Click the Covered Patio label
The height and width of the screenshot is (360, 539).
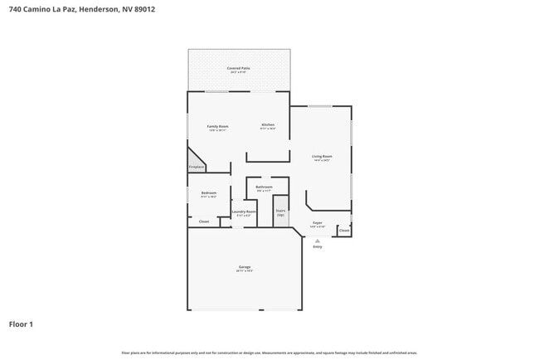pyautogui.click(x=239, y=68)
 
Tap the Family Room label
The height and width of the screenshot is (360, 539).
pyautogui.click(x=217, y=126)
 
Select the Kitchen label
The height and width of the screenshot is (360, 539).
pyautogui.click(x=268, y=124)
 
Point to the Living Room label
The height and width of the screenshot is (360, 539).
pyautogui.click(x=322, y=156)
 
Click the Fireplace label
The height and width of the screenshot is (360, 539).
pyautogui.click(x=196, y=167)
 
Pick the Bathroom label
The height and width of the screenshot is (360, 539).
pyautogui.click(x=264, y=187)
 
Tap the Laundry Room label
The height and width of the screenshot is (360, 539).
pyautogui.click(x=244, y=212)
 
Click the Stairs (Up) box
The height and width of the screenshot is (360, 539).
pyautogui.click(x=280, y=212)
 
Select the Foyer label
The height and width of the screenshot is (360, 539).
pyautogui.click(x=317, y=222)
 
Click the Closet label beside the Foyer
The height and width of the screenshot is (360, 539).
pyautogui.click(x=344, y=230)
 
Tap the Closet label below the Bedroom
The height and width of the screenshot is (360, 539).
pyautogui.click(x=203, y=221)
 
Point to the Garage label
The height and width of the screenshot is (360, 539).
pyautogui.click(x=245, y=267)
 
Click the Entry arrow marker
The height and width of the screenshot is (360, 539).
pyautogui.click(x=317, y=241)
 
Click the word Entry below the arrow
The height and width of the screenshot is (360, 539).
pyautogui.click(x=317, y=247)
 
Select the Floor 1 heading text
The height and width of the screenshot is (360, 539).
pyautogui.click(x=21, y=324)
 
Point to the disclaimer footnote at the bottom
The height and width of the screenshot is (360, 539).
pyautogui.click(x=269, y=353)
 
